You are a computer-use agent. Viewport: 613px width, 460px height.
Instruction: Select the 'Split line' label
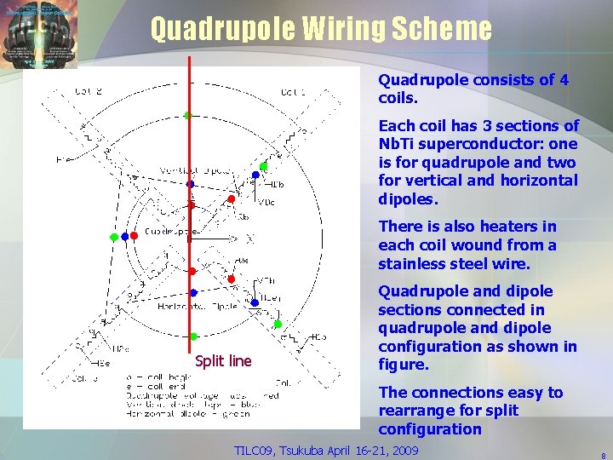click(222, 361)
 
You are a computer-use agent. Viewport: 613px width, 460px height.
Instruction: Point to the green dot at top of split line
click(187, 115)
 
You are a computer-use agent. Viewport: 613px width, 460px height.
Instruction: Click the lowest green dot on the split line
click(194, 336)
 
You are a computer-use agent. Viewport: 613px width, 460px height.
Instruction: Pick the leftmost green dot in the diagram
click(114, 237)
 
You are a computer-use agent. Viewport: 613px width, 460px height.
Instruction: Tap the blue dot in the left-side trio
click(125, 237)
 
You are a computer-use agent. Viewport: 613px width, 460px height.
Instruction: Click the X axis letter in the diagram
click(249, 240)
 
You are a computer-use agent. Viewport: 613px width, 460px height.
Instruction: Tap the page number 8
click(603, 455)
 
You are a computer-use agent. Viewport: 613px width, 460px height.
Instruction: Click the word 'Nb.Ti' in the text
click(398, 144)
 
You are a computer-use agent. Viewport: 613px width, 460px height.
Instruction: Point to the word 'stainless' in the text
click(415, 263)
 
